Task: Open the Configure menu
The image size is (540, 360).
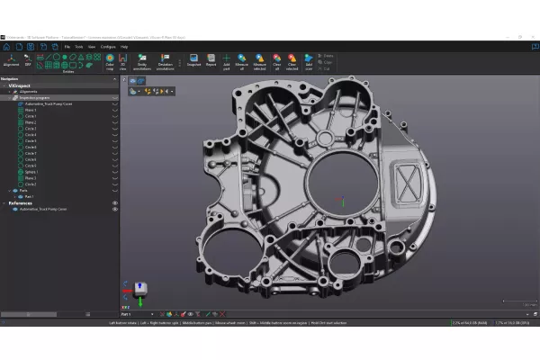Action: click(x=107, y=46)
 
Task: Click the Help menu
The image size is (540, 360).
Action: click(x=124, y=46)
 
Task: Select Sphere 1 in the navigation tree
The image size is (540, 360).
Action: click(x=31, y=171)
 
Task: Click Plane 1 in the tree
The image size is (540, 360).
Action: click(x=31, y=110)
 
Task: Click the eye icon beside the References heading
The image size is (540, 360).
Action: click(x=115, y=203)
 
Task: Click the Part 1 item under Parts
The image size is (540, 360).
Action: click(x=30, y=196)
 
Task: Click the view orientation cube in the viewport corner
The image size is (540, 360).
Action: click(x=139, y=287)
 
